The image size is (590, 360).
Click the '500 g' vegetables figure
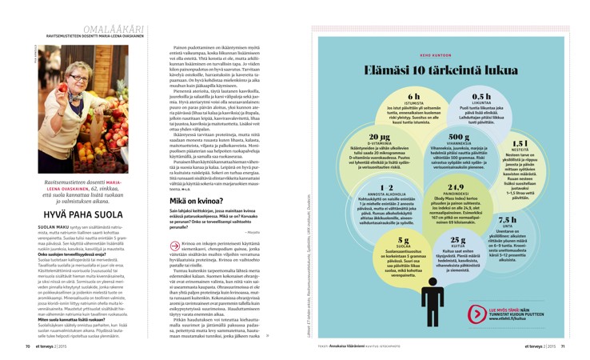click(459, 138)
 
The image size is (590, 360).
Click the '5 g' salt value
click(404, 239)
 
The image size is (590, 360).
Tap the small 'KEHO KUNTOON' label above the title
click(441, 55)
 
